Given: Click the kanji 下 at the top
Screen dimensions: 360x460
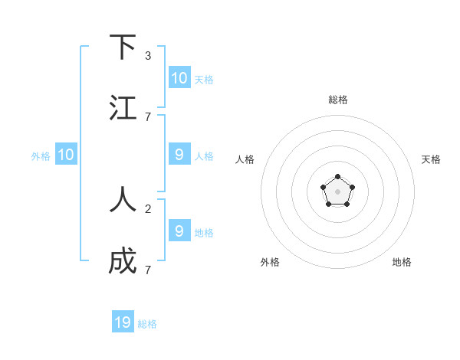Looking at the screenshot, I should click(x=123, y=47).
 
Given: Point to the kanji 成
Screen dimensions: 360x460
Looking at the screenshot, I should click(x=123, y=261).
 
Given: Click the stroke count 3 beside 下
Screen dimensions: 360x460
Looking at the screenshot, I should click(x=148, y=56).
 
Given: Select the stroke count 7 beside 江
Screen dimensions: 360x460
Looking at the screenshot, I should click(x=148, y=116).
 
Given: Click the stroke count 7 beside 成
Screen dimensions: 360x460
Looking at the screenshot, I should click(x=148, y=270).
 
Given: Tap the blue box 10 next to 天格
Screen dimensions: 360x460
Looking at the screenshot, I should click(x=179, y=77).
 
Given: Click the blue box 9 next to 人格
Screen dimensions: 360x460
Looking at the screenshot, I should click(x=179, y=154).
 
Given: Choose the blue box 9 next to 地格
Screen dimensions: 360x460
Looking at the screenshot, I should click(x=179, y=230).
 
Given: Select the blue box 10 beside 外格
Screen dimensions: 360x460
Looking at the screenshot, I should click(x=66, y=154).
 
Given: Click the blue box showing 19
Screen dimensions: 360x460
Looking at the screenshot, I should click(x=123, y=322).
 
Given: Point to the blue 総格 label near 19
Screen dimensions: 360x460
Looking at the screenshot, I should click(x=147, y=324).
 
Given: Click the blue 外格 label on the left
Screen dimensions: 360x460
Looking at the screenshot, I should click(x=41, y=155).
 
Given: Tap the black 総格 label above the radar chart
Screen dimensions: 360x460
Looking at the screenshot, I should click(x=337, y=100).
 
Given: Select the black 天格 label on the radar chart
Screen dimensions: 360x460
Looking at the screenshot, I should click(x=431, y=159).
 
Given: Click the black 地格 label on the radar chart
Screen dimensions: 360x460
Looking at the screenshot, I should click(x=402, y=262).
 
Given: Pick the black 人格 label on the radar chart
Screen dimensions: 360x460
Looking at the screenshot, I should click(x=245, y=159).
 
